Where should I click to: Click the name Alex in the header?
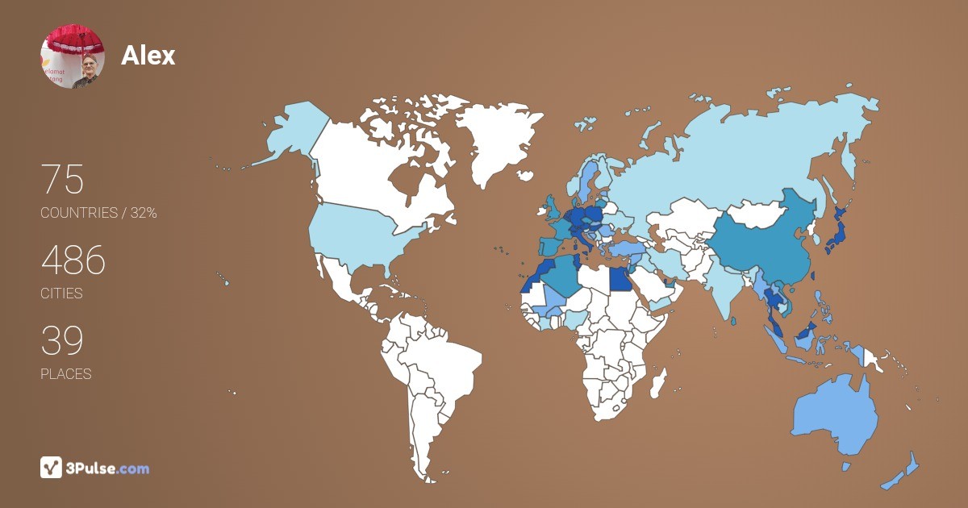click(x=148, y=55)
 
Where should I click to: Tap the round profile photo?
click(x=73, y=56)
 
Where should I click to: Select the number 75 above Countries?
click(x=62, y=179)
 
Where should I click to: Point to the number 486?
click(x=73, y=260)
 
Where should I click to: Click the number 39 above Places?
click(x=62, y=341)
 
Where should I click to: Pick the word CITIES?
click(x=62, y=294)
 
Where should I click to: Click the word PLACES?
click(x=66, y=374)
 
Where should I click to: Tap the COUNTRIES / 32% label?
click(x=98, y=213)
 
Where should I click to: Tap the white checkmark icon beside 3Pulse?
click(x=52, y=468)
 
